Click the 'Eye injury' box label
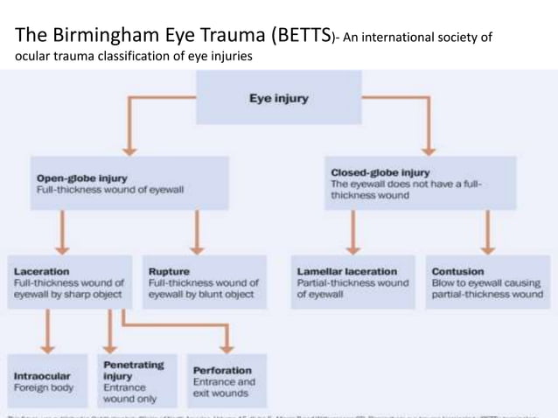coord(278,99)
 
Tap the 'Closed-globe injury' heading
coord(380,171)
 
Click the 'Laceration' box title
coord(42,270)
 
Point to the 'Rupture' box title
coord(169,270)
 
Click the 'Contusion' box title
coord(457,270)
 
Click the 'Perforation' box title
coord(222,370)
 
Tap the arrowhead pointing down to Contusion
coord(487,246)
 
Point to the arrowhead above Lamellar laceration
coord(352,246)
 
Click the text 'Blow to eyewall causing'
coord(484,283)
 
